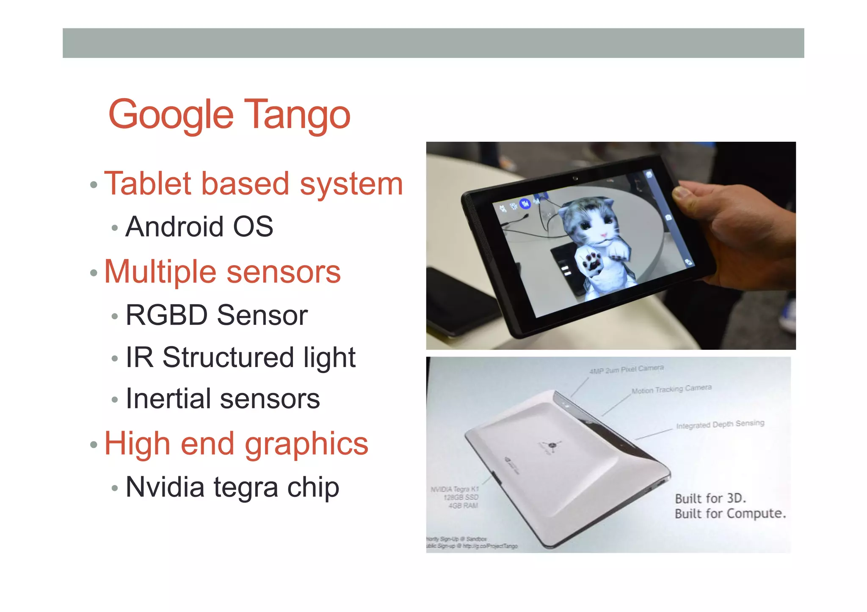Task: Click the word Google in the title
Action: [171, 115]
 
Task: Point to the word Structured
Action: [228, 357]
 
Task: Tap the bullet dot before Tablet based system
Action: [94, 185]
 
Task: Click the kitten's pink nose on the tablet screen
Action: [604, 235]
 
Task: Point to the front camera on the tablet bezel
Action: [575, 178]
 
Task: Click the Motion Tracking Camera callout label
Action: [671, 389]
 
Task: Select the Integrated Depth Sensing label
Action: [720, 424]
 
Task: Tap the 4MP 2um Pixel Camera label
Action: [626, 369]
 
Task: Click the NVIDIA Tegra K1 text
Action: [454, 489]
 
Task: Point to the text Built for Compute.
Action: [730, 514]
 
